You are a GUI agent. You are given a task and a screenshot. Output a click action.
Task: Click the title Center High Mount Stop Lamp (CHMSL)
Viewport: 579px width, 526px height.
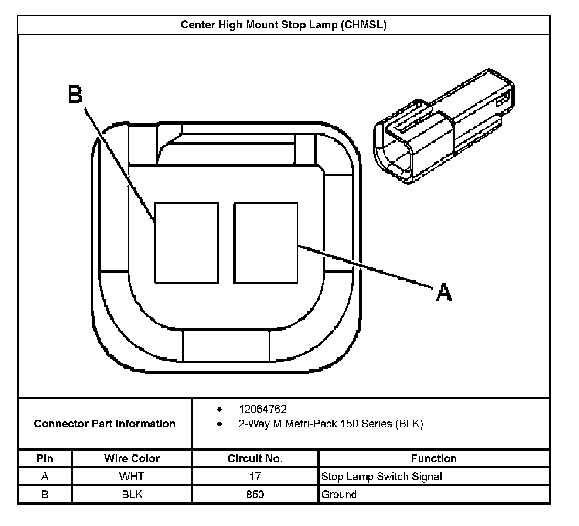click(x=283, y=25)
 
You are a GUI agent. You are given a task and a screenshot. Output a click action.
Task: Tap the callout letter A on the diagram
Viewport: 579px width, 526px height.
click(x=444, y=291)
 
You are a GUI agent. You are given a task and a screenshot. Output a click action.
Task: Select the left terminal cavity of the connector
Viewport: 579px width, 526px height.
click(x=187, y=243)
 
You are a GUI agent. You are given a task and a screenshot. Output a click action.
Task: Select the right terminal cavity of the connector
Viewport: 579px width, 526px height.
click(x=266, y=243)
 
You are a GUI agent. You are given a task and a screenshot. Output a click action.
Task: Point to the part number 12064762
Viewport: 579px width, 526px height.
click(x=262, y=409)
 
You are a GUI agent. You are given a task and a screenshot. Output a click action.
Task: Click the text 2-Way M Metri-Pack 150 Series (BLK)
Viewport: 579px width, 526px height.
click(x=330, y=424)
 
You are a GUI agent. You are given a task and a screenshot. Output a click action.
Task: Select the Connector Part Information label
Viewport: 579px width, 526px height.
click(x=105, y=424)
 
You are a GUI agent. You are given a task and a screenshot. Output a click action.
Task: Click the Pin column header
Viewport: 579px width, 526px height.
click(x=44, y=458)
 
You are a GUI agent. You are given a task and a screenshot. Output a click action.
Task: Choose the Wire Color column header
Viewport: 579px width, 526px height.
click(x=132, y=458)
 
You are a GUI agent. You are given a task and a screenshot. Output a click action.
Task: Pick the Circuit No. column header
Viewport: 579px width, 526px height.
click(x=255, y=458)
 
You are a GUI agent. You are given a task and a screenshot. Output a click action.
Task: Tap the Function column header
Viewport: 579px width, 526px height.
click(x=434, y=458)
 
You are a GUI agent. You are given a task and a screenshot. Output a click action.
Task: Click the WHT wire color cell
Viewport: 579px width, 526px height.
click(x=132, y=477)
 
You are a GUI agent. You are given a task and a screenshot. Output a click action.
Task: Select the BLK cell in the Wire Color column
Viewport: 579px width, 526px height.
click(x=132, y=495)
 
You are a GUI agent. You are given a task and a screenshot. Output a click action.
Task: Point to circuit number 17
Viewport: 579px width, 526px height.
click(x=255, y=477)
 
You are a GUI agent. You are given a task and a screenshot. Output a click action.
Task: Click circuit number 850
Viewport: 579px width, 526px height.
click(x=255, y=495)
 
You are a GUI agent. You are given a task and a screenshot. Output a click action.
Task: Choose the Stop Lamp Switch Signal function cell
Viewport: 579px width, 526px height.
click(x=381, y=477)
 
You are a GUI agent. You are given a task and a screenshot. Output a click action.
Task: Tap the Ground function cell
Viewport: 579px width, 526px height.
click(x=339, y=495)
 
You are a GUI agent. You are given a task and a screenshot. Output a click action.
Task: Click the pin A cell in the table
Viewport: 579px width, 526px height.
click(x=44, y=477)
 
